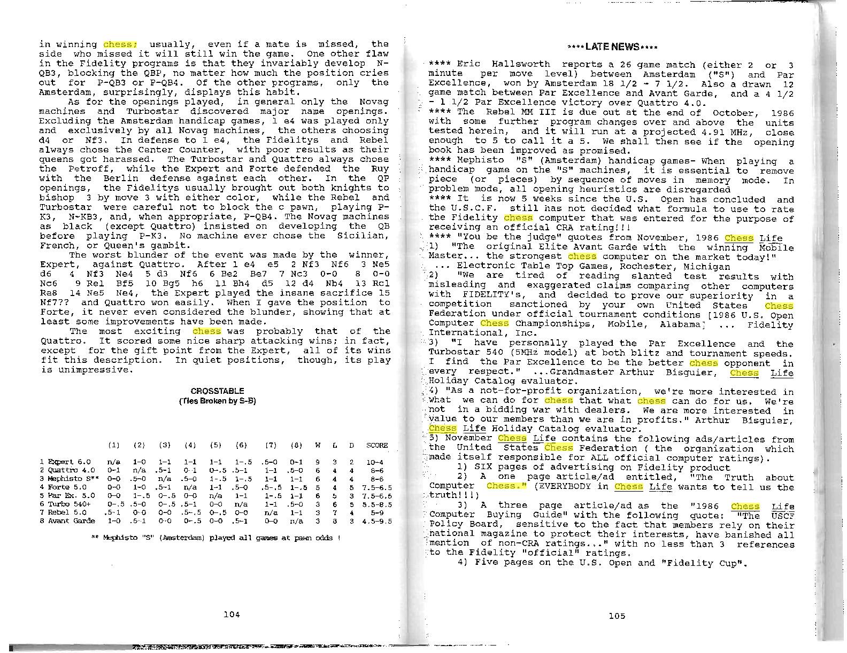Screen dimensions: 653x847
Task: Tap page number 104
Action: pos(231,615)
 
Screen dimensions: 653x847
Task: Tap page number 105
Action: pos(617,616)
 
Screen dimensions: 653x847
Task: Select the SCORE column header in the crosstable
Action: pos(377,445)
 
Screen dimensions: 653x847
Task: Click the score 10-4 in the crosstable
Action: pos(377,462)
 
